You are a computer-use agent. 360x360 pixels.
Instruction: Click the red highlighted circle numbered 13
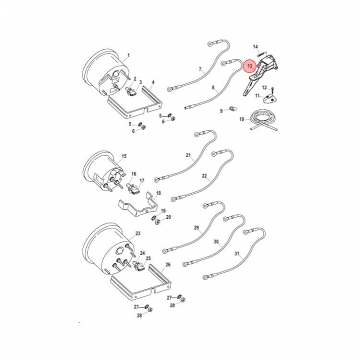click(x=249, y=66)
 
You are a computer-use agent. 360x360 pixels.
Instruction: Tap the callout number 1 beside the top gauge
click(x=128, y=55)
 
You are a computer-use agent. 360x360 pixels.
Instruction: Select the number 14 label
click(x=255, y=47)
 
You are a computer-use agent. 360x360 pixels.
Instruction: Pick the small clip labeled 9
click(x=233, y=108)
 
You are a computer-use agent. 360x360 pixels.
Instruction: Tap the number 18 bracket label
click(x=158, y=193)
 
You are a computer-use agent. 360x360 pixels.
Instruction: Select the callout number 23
click(x=137, y=233)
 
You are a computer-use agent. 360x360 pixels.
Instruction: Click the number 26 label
click(x=168, y=264)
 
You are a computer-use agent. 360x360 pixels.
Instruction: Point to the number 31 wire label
click(x=237, y=253)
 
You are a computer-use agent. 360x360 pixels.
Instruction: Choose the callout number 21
click(x=188, y=155)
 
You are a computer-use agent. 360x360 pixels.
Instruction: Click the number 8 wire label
click(x=213, y=87)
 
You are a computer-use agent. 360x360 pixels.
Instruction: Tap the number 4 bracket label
click(x=153, y=82)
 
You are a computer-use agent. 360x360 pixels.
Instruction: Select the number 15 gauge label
click(x=124, y=156)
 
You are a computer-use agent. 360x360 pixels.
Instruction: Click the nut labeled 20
click(x=157, y=222)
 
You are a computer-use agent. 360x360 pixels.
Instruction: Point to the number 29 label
click(x=196, y=228)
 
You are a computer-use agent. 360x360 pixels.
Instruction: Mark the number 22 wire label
click(x=204, y=176)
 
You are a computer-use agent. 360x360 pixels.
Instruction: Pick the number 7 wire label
click(x=200, y=69)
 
